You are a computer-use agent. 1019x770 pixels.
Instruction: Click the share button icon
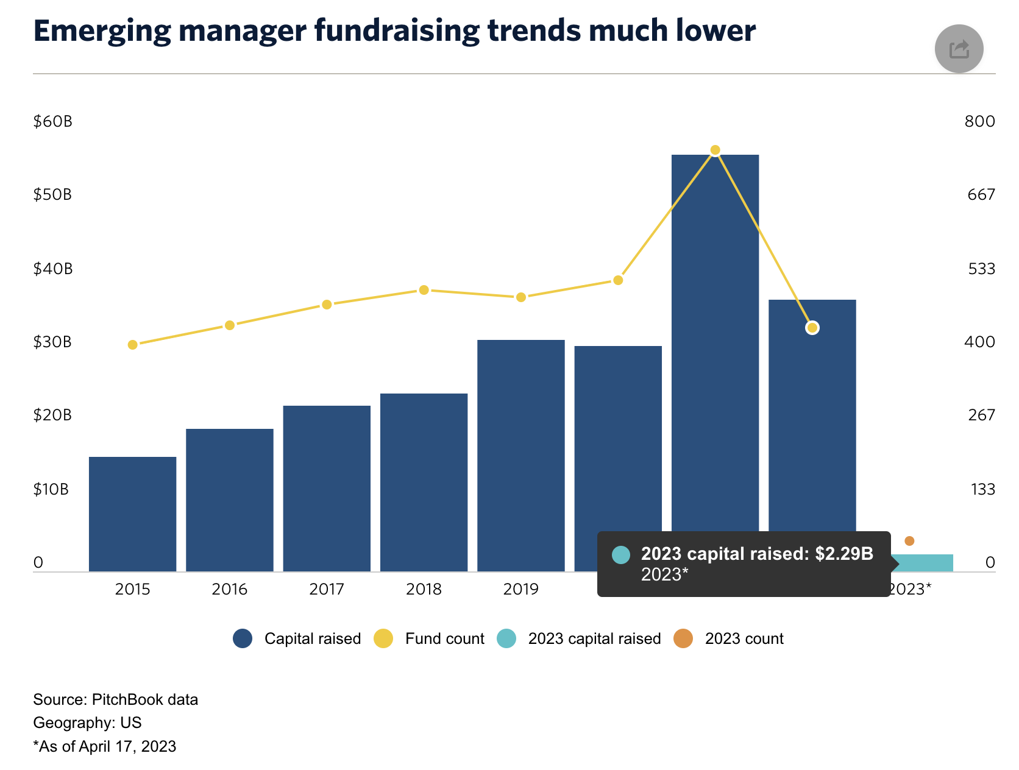click(959, 49)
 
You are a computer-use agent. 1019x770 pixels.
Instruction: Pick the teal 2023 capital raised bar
click(923, 562)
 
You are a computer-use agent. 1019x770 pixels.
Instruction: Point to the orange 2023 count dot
click(909, 541)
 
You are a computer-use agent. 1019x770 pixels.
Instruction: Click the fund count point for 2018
click(424, 290)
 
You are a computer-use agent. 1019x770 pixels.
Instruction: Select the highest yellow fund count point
click(715, 150)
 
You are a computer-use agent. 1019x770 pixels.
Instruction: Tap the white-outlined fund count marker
click(812, 328)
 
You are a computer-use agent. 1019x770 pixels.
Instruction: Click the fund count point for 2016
click(230, 325)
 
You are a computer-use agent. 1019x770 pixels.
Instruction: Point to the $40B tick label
click(52, 269)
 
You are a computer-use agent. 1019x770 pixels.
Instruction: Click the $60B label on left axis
click(52, 121)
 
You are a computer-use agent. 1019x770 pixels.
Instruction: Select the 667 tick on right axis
click(981, 194)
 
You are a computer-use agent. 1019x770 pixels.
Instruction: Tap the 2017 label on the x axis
click(327, 589)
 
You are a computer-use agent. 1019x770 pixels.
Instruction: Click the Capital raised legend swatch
click(243, 638)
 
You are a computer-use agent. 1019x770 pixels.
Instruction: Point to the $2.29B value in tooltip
click(844, 554)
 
